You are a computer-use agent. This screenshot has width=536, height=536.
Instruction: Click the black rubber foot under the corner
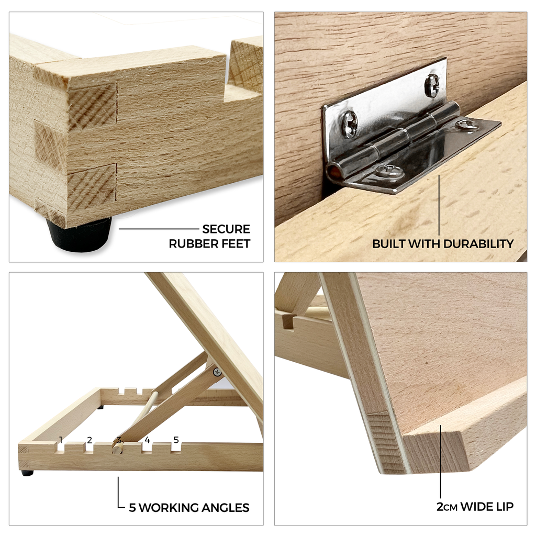tap(80, 233)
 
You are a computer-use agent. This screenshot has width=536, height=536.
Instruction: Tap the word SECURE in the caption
tap(226, 229)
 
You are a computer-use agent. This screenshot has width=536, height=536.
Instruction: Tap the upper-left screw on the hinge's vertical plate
tap(349, 123)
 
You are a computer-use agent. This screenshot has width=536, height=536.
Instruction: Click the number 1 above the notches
tap(61, 440)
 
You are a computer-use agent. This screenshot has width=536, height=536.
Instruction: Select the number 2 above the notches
tap(90, 440)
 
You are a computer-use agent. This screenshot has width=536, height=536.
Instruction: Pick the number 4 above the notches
tap(147, 440)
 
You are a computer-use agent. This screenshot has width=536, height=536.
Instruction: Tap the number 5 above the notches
tap(176, 440)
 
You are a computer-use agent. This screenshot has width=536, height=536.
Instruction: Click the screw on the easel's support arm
tap(217, 372)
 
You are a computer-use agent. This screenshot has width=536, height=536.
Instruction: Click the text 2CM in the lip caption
tap(447, 507)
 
